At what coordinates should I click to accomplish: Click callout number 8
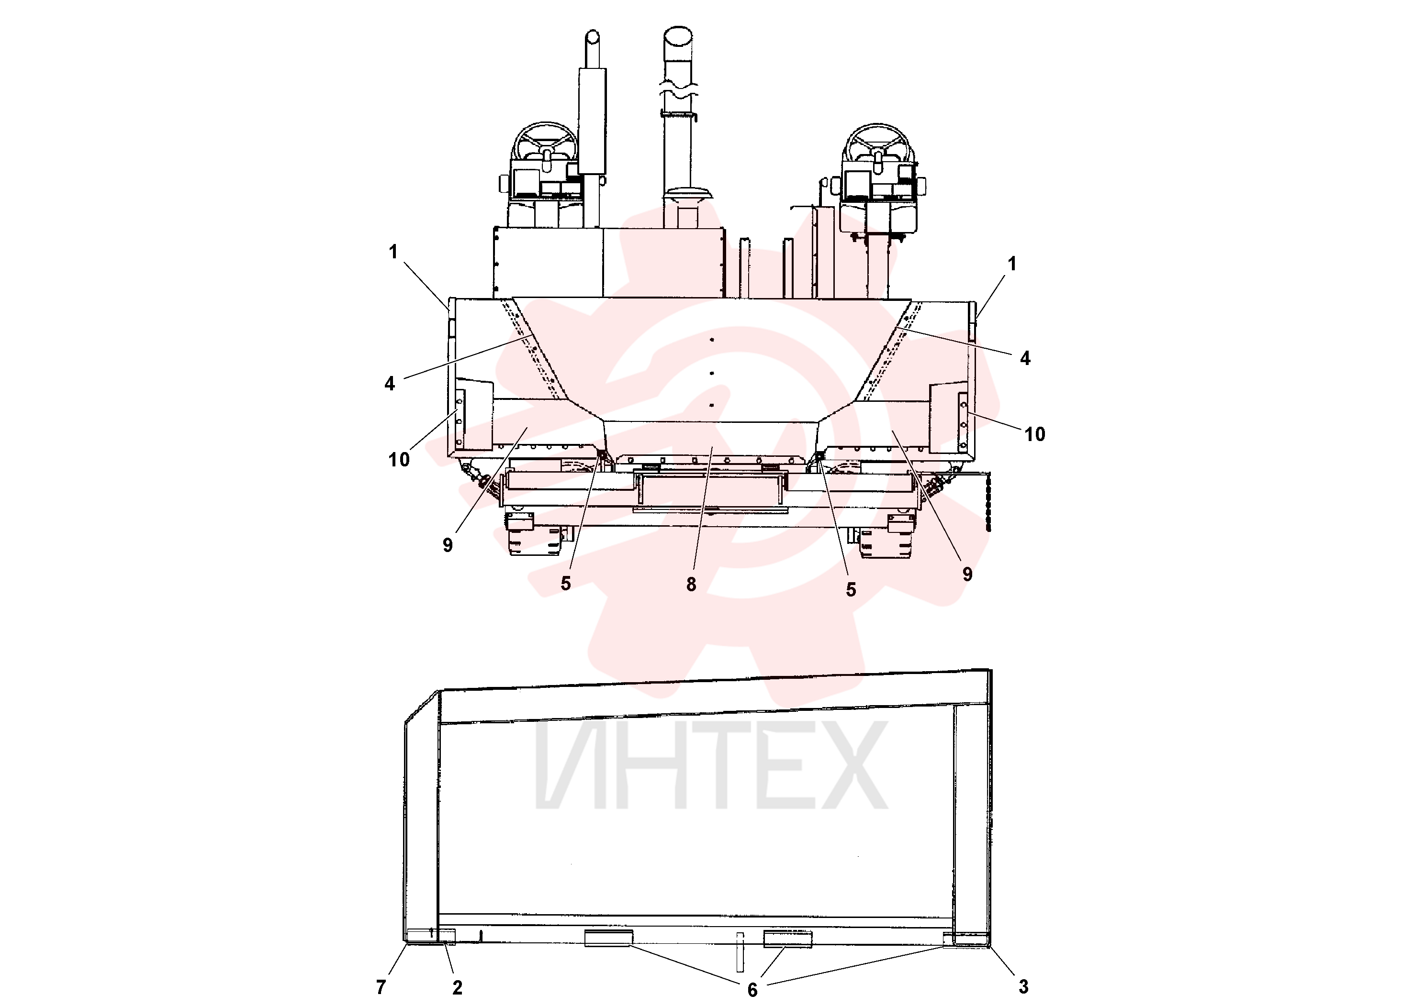[691, 584]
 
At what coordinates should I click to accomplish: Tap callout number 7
[381, 987]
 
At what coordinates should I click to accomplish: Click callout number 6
[752, 990]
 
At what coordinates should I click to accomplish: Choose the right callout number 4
[1025, 358]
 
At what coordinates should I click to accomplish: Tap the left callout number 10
[399, 460]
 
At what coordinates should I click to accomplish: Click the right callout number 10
[1034, 434]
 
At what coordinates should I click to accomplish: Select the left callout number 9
[448, 545]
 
